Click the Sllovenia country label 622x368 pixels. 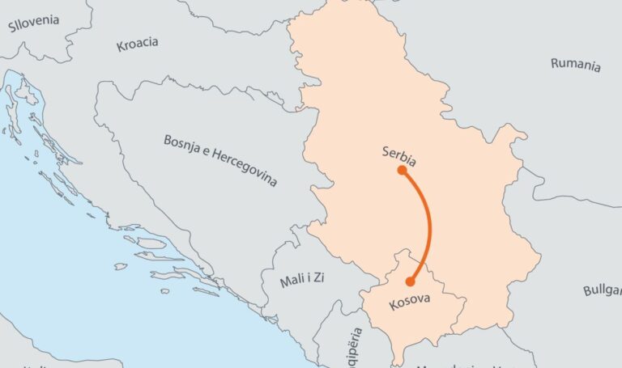[x=34, y=23]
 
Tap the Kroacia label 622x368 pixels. [x=137, y=44]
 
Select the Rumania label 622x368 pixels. [x=576, y=65]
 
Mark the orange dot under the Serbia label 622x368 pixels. [x=402, y=171]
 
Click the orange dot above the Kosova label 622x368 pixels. [x=410, y=281]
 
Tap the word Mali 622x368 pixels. [x=292, y=281]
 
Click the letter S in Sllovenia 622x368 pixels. [x=12, y=27]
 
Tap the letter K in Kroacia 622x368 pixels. [x=120, y=47]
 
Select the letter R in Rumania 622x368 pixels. [x=555, y=61]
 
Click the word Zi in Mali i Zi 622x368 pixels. [x=322, y=281]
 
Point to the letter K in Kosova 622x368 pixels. [x=393, y=305]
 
